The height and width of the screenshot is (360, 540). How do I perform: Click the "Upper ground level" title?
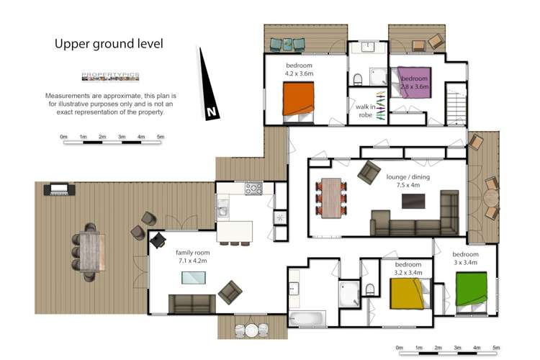click(x=109, y=44)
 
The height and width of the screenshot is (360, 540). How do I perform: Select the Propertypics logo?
click(x=109, y=77)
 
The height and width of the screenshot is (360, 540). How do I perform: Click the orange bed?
click(x=299, y=101)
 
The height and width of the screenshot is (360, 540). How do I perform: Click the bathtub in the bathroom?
click(x=307, y=318)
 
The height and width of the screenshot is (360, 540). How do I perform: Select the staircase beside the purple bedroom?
click(x=455, y=104)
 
